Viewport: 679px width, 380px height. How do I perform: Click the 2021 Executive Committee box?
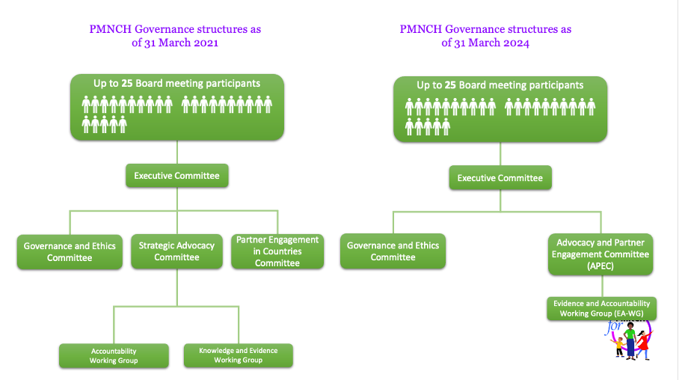tap(176, 176)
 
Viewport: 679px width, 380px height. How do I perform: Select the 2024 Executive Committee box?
tap(500, 178)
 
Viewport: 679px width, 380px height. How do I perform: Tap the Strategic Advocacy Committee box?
tap(176, 251)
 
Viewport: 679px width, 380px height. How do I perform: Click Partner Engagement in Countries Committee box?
tap(277, 251)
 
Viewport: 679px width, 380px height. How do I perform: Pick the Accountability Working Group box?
tap(114, 355)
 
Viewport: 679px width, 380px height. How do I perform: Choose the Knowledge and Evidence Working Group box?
tap(238, 355)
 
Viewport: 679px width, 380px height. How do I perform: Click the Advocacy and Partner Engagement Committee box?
tap(600, 254)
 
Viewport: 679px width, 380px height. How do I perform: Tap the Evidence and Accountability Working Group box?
tap(601, 309)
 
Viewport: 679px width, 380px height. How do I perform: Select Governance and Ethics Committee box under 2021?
tap(70, 252)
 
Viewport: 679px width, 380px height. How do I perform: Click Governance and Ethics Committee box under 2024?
tap(393, 251)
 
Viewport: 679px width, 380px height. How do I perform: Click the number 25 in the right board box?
tap(450, 85)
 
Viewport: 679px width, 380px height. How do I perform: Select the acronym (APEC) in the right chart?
tap(600, 266)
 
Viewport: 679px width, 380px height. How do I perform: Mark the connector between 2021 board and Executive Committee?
tap(176, 152)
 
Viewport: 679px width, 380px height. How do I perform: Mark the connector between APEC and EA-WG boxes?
tap(600, 286)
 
